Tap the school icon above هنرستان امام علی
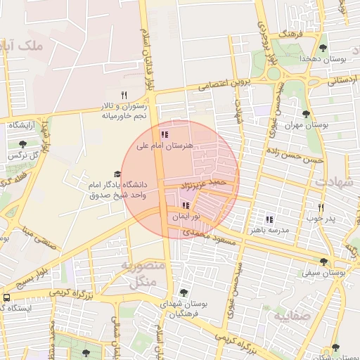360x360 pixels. coord(165,134)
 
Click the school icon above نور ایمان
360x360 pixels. coord(186,205)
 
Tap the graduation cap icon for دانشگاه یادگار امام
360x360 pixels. coord(117,174)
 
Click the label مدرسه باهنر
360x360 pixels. coord(268,230)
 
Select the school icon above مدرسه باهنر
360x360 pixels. coord(269,219)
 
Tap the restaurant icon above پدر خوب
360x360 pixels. coord(321,207)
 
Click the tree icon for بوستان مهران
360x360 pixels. coord(305,114)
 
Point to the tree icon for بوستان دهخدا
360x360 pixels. coord(323,48)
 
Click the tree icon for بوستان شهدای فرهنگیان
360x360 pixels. coord(184,292)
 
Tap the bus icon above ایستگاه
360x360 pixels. coord(6,297)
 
